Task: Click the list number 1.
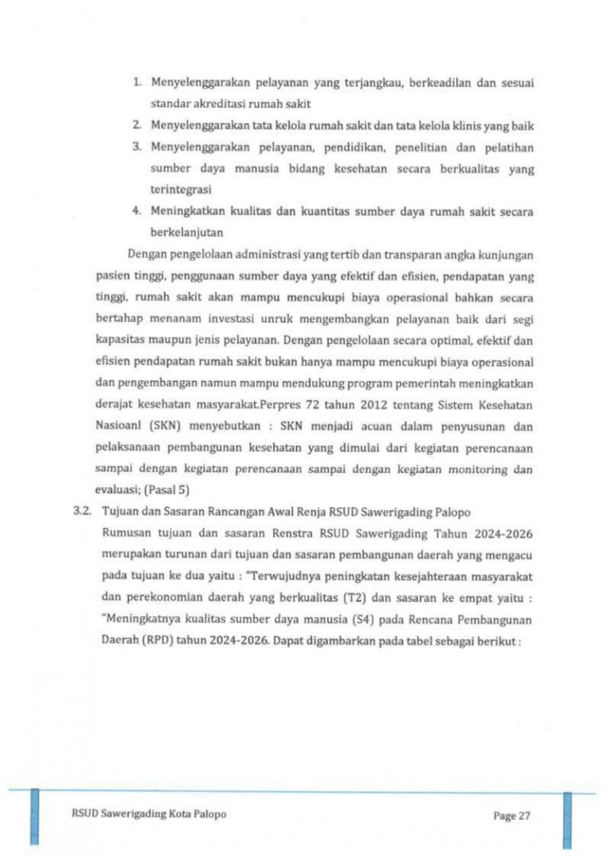(x=136, y=84)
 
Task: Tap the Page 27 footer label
(x=512, y=816)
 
